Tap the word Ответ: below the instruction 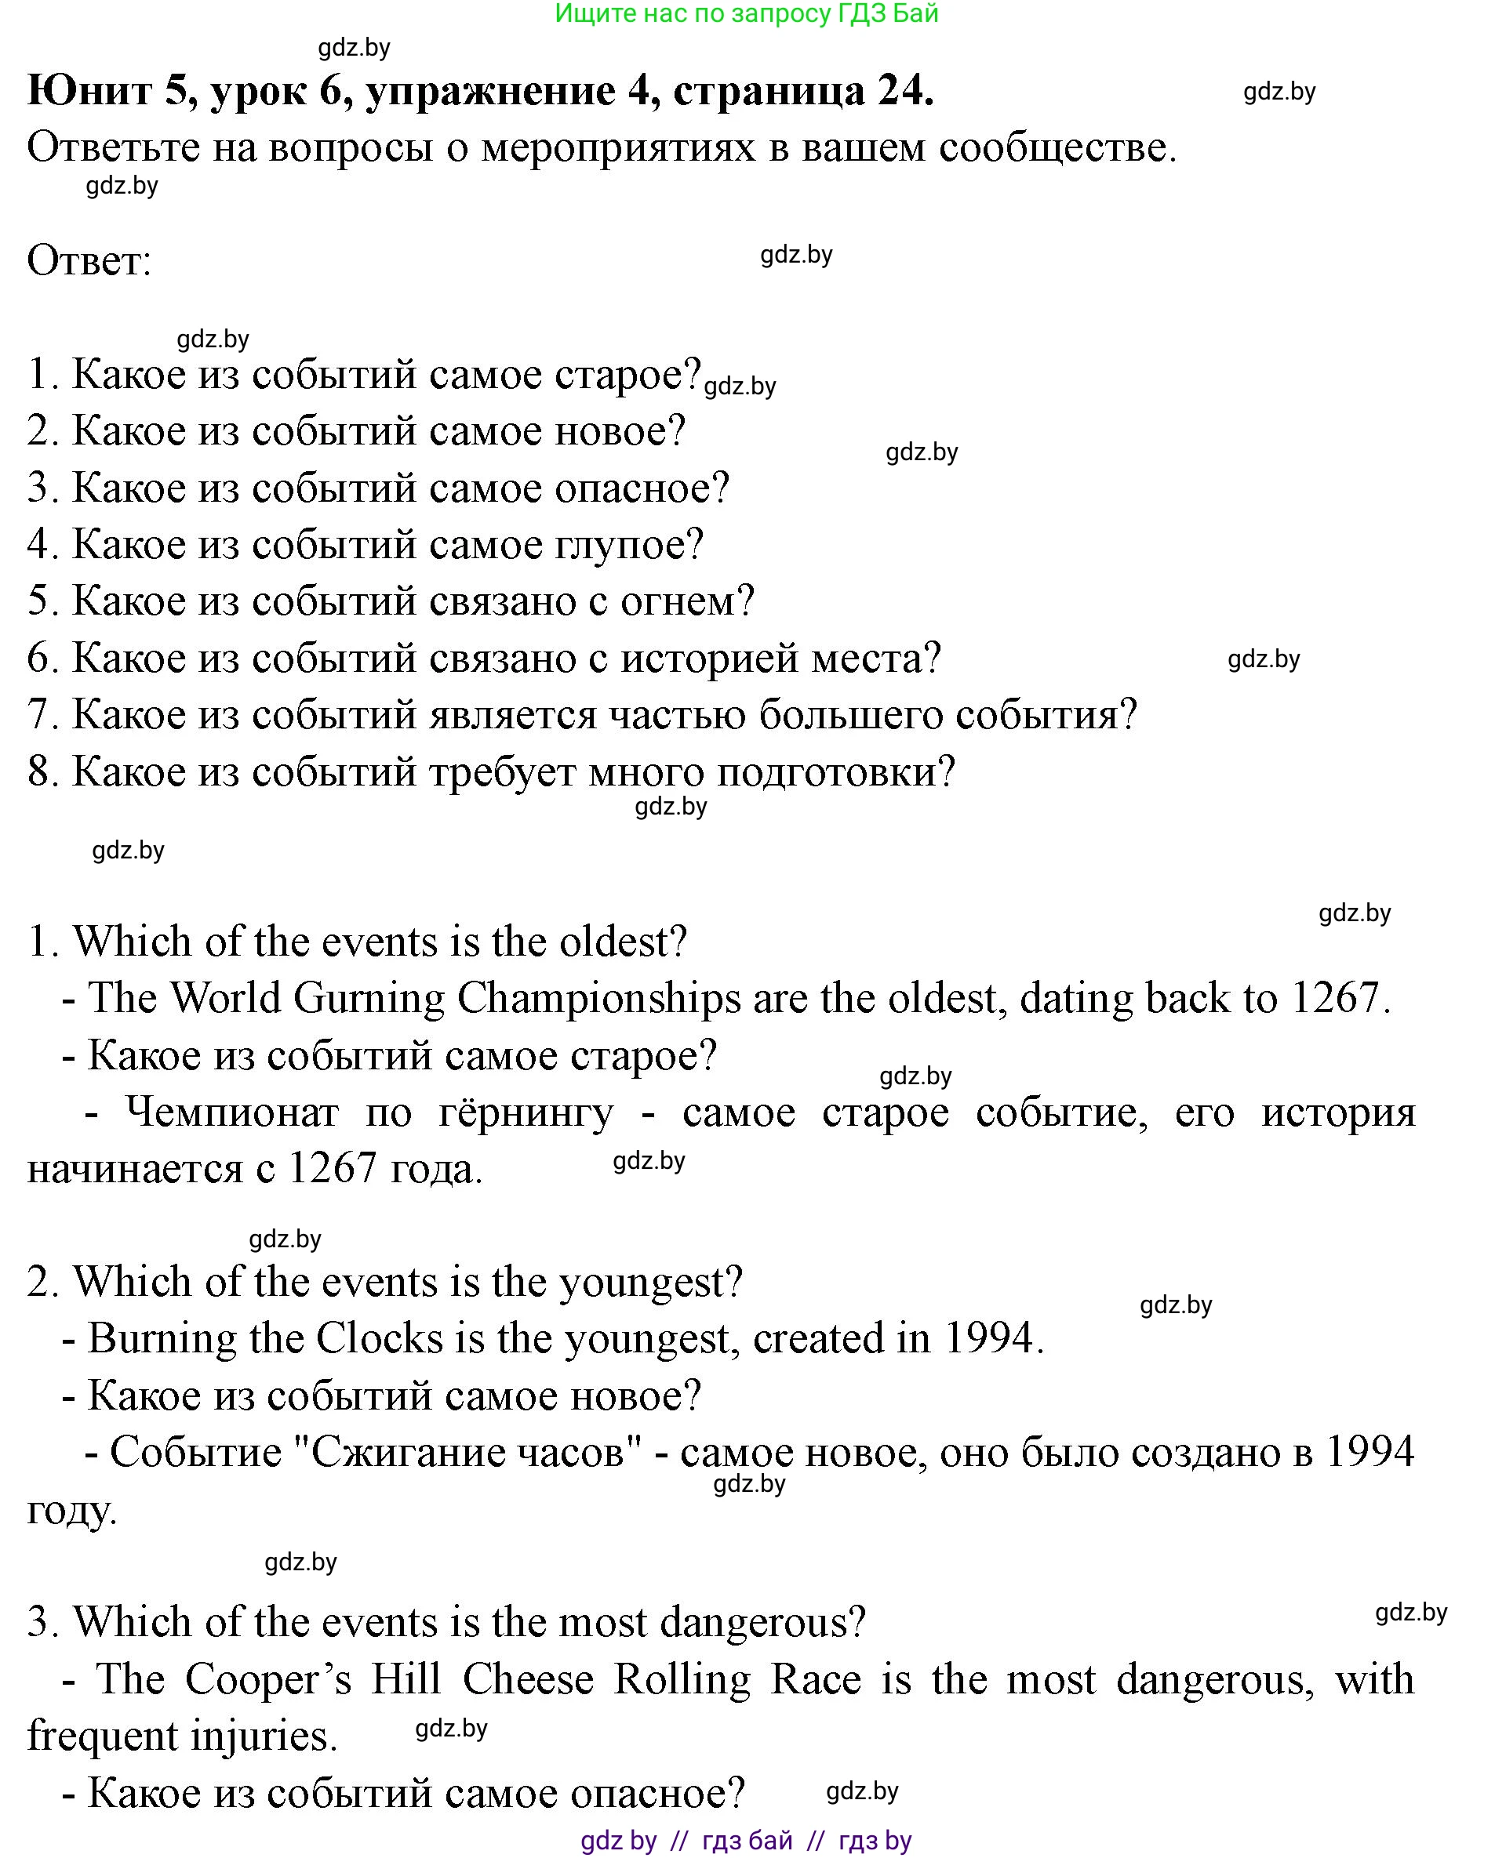click(89, 260)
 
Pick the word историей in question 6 click(693, 658)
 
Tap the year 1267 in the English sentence click(1338, 998)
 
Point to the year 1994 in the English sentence click(993, 1338)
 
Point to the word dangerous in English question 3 click(762, 1622)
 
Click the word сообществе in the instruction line click(1058, 147)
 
